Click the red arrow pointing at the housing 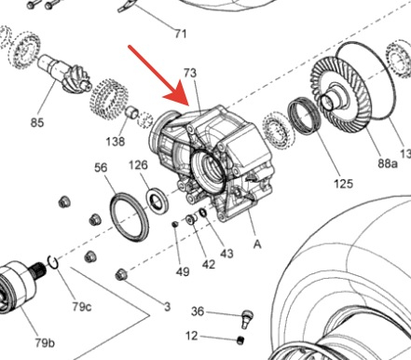158,76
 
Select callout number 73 190,73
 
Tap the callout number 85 37,122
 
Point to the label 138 116,142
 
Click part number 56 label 101,168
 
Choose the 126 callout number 138,165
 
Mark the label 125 344,184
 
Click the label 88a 388,163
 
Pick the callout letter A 257,244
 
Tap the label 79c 82,307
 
